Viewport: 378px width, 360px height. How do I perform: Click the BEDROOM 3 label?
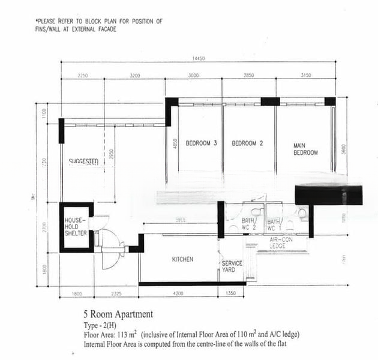(201, 143)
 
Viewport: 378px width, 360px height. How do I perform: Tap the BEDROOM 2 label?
(248, 143)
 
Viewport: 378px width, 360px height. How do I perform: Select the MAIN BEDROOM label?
(305, 149)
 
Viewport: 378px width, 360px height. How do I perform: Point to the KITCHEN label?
(182, 259)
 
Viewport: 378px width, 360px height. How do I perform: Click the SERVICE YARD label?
(232, 267)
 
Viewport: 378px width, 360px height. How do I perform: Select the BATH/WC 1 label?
(274, 224)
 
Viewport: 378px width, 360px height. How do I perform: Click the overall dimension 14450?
(199, 58)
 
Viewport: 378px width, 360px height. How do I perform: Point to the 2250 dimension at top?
(83, 76)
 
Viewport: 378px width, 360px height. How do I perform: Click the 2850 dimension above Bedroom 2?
(248, 76)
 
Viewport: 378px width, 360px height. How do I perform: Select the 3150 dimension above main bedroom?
(305, 76)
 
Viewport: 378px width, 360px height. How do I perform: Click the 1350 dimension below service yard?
(231, 293)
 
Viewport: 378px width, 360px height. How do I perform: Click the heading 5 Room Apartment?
(118, 314)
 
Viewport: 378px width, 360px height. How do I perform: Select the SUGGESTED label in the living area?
(83, 161)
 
